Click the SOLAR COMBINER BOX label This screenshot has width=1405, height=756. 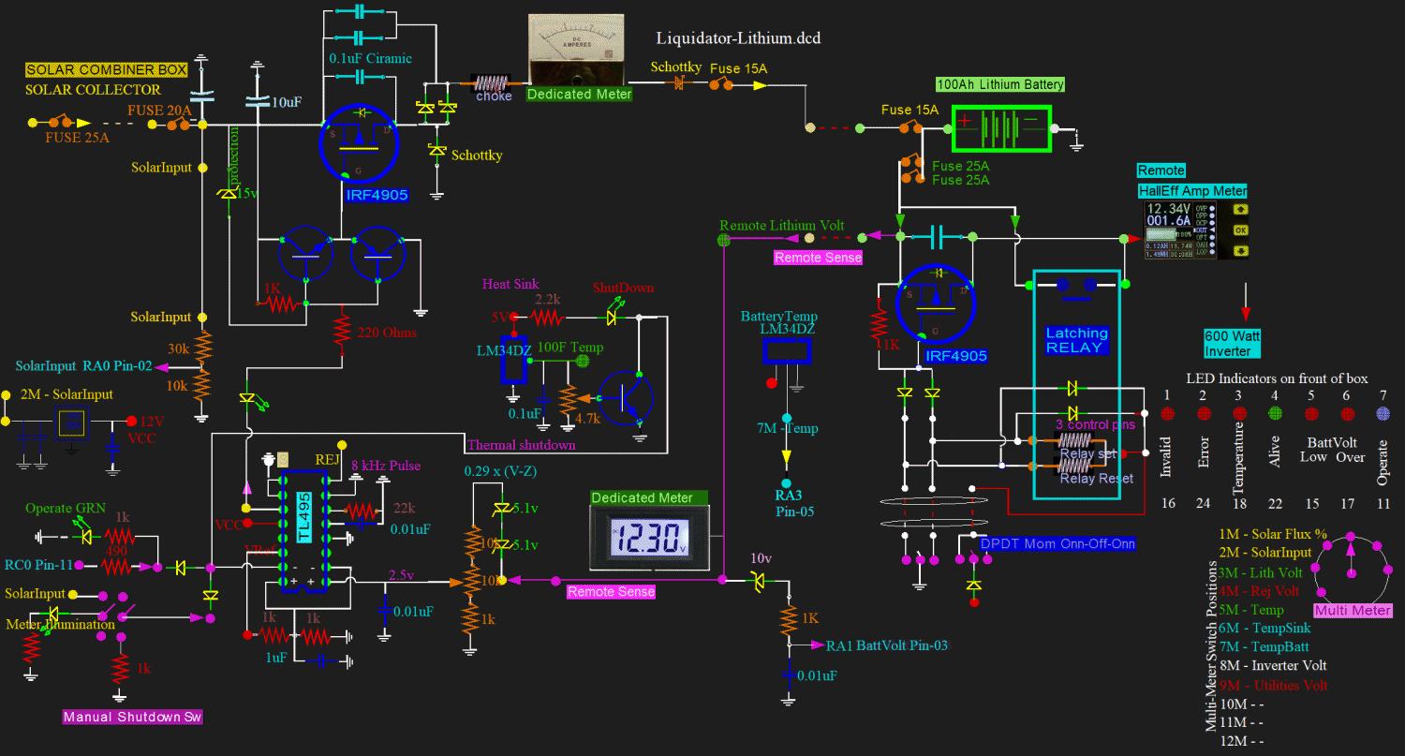point(106,70)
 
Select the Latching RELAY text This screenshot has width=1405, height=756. point(1076,340)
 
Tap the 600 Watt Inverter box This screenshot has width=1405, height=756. point(1227,343)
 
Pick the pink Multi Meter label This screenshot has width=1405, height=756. point(1353,611)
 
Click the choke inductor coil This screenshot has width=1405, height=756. point(495,82)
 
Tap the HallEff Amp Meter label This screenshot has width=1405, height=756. point(1191,191)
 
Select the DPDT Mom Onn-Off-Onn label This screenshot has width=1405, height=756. point(1057,543)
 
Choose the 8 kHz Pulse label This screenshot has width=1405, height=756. point(387,466)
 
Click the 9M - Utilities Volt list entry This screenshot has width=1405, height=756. point(1273,685)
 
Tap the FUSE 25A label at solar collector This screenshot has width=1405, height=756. point(77,138)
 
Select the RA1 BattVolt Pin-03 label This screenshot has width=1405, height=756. point(880,645)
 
